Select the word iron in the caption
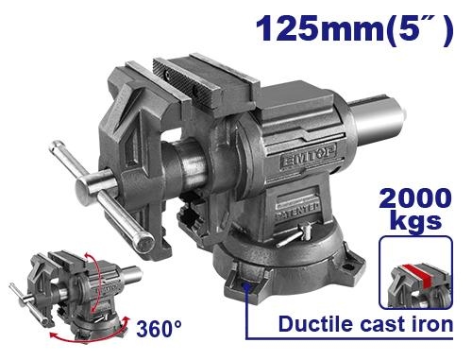point(433,324)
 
